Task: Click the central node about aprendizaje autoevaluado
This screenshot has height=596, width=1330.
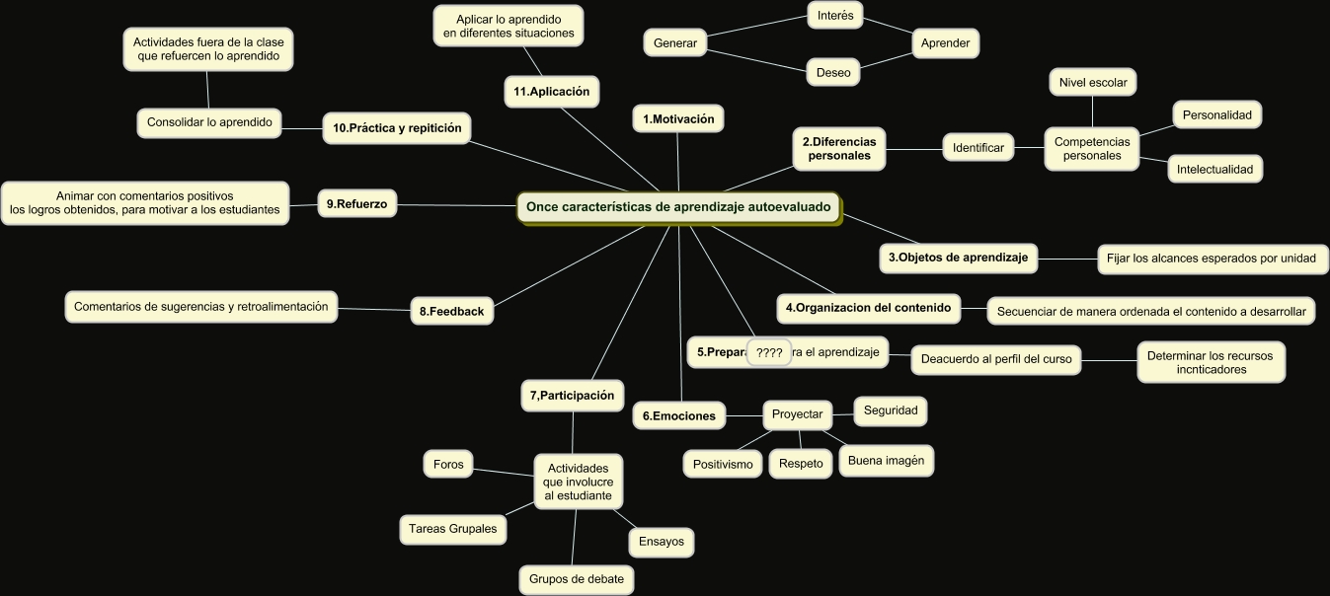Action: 678,207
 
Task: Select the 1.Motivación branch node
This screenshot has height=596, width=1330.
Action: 678,119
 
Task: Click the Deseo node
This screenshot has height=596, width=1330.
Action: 833,72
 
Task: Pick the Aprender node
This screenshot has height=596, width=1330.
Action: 945,43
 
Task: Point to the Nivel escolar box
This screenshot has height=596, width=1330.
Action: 1092,82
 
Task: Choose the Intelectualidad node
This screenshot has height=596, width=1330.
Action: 1214,169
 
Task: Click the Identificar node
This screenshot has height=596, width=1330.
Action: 978,148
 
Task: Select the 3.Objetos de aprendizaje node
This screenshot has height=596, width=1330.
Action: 958,259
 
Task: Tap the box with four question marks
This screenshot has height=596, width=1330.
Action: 769,352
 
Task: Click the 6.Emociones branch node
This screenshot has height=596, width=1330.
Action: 678,415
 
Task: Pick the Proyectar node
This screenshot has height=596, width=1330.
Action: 797,414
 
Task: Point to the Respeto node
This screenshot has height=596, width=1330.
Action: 801,464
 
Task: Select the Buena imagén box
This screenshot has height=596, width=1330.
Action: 885,461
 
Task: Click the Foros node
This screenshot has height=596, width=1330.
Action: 448,464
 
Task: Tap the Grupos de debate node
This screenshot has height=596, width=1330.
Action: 577,579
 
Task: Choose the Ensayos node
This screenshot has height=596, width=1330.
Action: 662,542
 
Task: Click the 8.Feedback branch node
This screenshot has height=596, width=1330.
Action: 451,311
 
